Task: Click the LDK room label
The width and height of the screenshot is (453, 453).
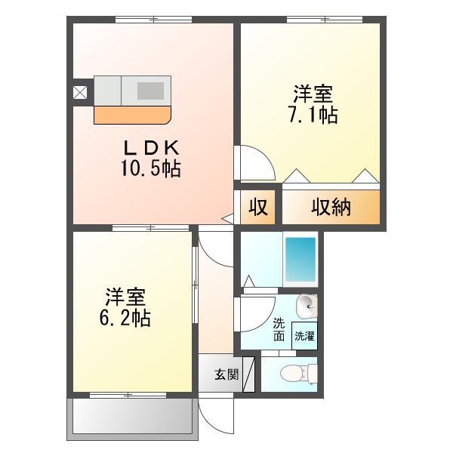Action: (151, 149)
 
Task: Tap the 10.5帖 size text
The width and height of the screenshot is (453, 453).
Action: (150, 168)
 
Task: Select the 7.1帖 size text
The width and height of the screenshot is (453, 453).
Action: (313, 115)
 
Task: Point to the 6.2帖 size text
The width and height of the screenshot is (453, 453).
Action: (125, 319)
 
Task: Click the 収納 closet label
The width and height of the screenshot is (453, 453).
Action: (331, 207)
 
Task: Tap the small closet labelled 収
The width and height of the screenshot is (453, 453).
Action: (258, 207)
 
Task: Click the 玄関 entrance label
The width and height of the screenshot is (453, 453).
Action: (226, 374)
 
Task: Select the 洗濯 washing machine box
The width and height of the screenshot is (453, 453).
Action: (304, 336)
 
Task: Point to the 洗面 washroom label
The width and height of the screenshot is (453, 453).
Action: (279, 330)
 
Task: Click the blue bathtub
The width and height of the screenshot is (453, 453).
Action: (300, 259)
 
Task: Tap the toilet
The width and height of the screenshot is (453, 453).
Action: (298, 374)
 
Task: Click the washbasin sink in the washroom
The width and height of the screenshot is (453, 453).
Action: (307, 306)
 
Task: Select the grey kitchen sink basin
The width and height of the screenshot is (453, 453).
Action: (150, 91)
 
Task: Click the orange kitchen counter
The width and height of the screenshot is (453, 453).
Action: (133, 115)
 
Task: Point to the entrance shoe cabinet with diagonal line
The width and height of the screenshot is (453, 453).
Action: (248, 374)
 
